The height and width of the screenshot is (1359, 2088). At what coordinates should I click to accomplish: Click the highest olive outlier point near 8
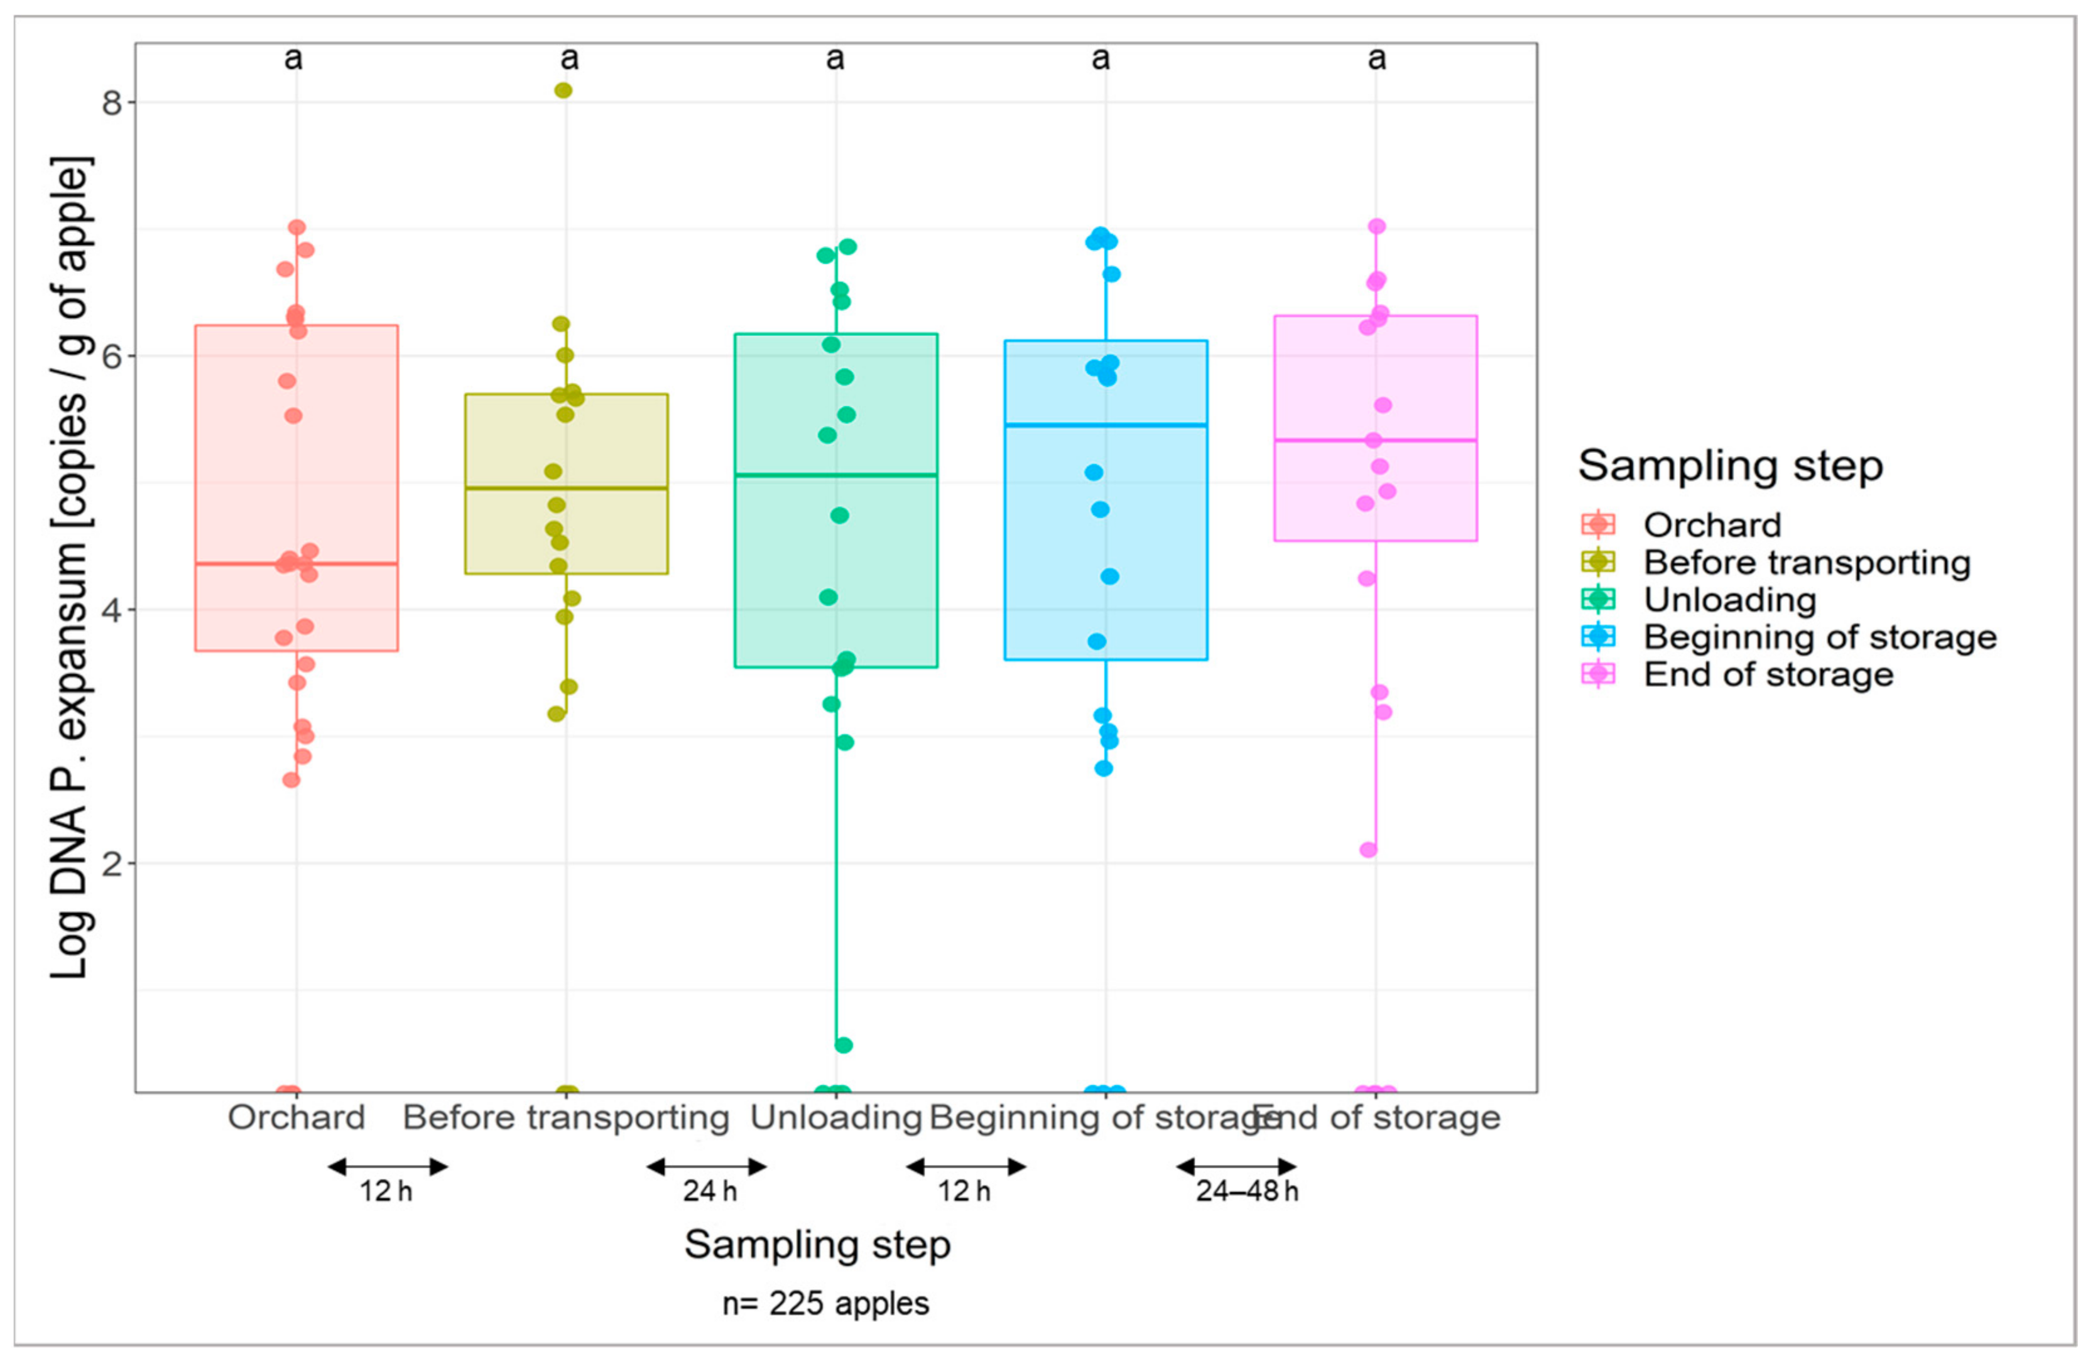click(563, 90)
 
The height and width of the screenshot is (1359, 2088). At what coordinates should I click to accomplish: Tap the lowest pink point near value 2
click(1368, 849)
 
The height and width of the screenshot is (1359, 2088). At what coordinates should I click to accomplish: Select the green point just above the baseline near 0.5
click(843, 1045)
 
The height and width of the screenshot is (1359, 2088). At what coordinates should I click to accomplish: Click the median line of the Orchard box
click(296, 563)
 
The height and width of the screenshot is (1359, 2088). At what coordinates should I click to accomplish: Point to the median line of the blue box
click(1106, 425)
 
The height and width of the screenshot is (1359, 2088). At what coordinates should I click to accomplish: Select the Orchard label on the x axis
click(296, 1118)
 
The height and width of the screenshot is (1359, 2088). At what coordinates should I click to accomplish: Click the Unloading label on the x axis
click(835, 1118)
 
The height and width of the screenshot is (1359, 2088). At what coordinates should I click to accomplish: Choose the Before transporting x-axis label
click(566, 1118)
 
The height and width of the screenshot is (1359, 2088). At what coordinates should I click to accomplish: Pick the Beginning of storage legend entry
click(1820, 637)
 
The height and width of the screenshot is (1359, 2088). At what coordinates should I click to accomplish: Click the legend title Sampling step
click(1730, 465)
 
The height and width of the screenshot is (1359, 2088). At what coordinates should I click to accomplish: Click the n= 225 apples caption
click(825, 1303)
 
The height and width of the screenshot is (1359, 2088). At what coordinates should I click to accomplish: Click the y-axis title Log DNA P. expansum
click(70, 568)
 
